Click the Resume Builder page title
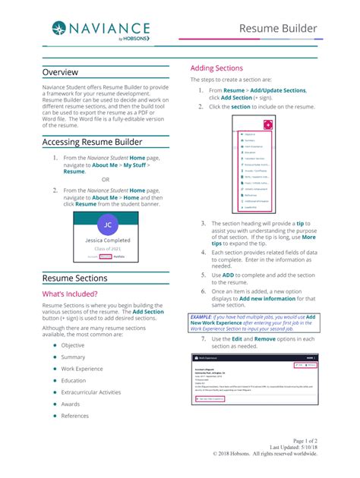tap(279, 29)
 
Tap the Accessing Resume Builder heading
tap(93, 142)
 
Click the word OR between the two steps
tap(106, 180)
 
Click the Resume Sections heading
tap(75, 278)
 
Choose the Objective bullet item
tap(73, 345)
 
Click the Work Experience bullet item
tap(82, 369)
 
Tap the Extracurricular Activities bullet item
tap(90, 392)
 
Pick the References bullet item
tap(75, 416)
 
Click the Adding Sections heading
tap(216, 68)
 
